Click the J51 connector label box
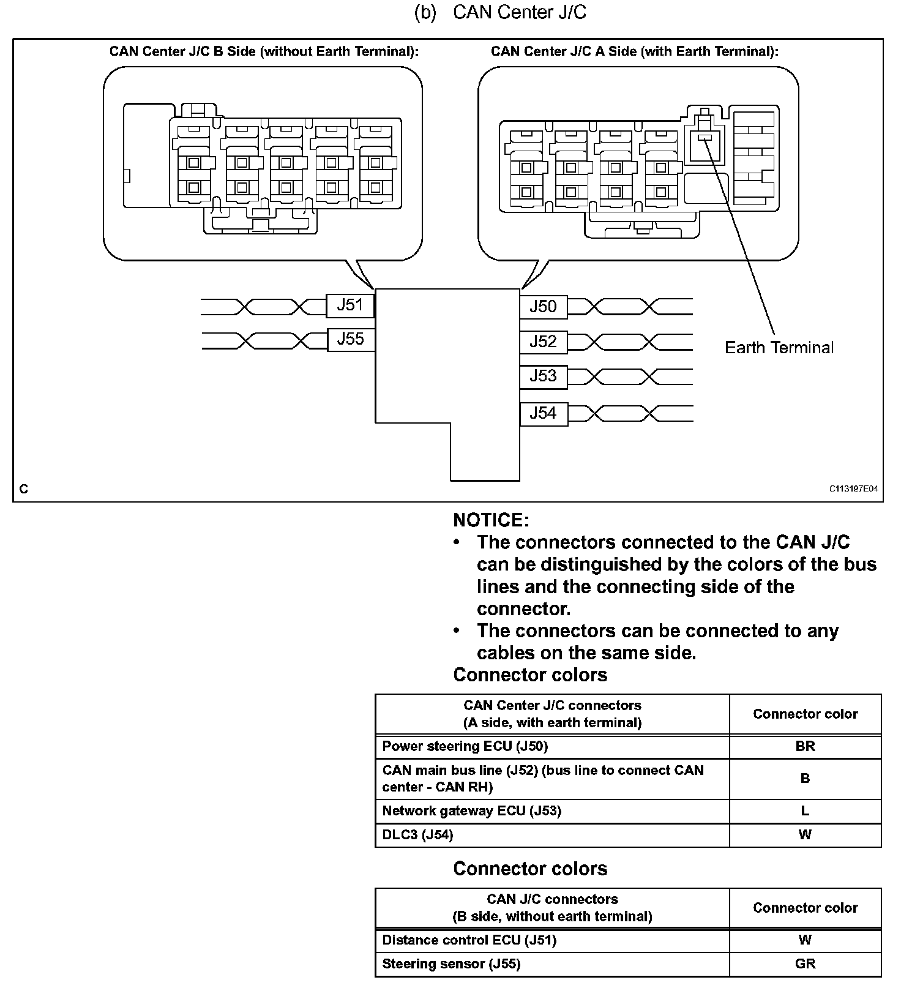point(350,305)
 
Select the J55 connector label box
point(350,339)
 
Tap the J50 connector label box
point(543,306)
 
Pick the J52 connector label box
point(543,341)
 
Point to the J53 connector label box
point(543,376)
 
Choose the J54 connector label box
point(543,413)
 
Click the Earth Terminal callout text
point(779,348)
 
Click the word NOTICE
point(491,520)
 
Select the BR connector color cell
point(805,746)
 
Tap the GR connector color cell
point(805,964)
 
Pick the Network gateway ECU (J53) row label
point(471,811)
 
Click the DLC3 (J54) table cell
point(417,835)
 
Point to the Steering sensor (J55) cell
point(451,964)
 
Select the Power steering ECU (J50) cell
point(465,746)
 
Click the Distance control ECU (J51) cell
point(469,940)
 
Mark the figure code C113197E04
point(853,489)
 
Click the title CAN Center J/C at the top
point(519,13)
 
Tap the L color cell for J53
point(805,811)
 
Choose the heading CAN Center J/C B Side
point(264,51)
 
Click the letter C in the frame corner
point(24,489)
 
